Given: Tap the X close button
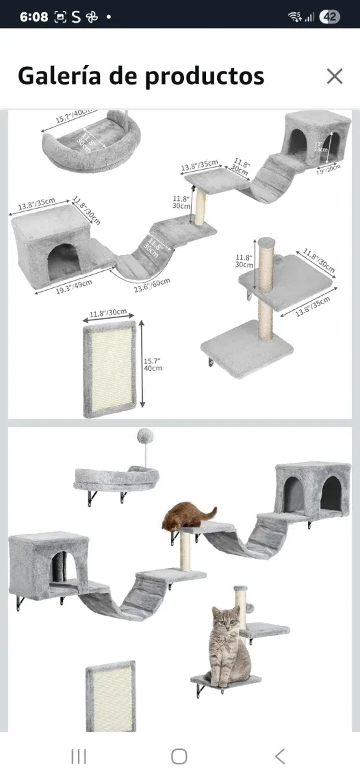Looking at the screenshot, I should coord(334,76).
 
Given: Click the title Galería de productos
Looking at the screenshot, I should coord(140,76).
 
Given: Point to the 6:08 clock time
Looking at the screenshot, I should coord(34,17).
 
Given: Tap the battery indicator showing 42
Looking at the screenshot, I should coord(329,17).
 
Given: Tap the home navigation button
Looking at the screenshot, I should coord(179,756).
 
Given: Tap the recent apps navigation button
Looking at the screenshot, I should coord(79,756).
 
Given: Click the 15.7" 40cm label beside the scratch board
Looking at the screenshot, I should coord(152,364).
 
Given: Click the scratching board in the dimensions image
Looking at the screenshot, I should coord(110,369).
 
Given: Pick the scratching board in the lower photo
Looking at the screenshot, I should coord(111,695).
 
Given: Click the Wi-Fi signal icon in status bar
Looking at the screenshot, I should coord(295,17).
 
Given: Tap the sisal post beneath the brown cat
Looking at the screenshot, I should coord(186,552).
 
